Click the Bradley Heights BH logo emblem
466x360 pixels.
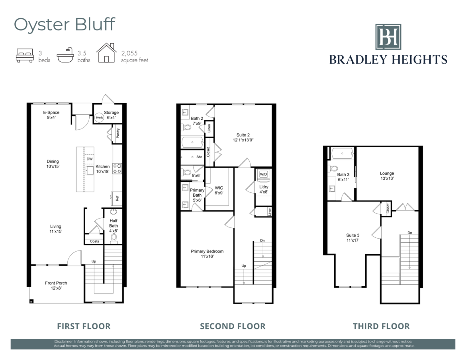tap(388, 37)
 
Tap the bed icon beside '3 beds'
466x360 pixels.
tap(25, 55)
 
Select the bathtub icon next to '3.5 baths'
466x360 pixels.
tap(65, 55)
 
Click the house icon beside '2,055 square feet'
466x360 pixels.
tap(106, 53)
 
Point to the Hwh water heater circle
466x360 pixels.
tap(99, 117)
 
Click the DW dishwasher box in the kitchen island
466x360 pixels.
tap(90, 159)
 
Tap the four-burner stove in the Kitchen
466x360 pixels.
tap(117, 168)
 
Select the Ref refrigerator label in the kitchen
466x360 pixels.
tap(117, 198)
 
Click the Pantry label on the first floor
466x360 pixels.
tap(118, 133)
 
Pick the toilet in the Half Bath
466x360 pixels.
tap(114, 238)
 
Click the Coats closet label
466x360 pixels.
tap(94, 241)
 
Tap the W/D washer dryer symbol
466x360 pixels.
tap(263, 174)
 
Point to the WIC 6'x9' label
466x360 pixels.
tap(219, 190)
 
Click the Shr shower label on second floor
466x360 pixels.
tap(199, 157)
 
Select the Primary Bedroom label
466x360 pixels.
tap(207, 254)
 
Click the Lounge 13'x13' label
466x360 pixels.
tap(387, 176)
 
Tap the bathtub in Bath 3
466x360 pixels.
tap(343, 154)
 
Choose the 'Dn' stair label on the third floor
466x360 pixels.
tap(410, 233)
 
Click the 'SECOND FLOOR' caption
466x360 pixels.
tap(233, 326)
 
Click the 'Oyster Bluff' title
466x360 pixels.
tap(65, 24)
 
